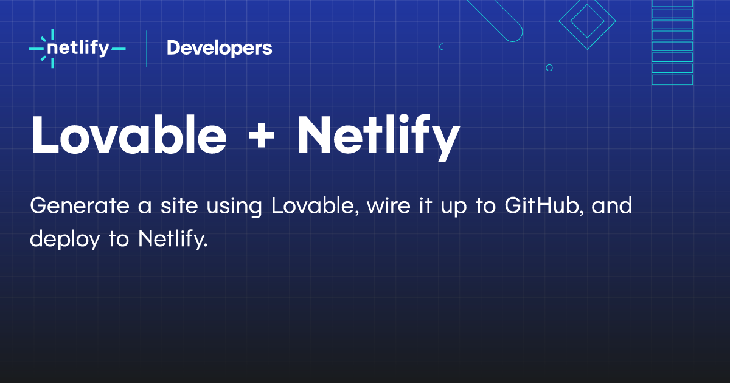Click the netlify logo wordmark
pos(78,49)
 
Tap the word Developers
pos(220,49)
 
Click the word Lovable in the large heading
pos(129,134)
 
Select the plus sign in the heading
pos(261,137)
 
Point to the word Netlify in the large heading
pos(378,137)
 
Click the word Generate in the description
pos(80,206)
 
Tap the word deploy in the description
pos(65,240)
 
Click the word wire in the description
pos(389,206)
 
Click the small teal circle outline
pos(549,67)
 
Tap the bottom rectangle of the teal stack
pos(672,80)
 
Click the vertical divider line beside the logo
pos(147,49)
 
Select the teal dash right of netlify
pos(118,49)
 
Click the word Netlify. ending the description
pos(173,240)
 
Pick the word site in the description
pos(179,206)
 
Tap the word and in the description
pos(612,206)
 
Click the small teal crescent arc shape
pos(440,47)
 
